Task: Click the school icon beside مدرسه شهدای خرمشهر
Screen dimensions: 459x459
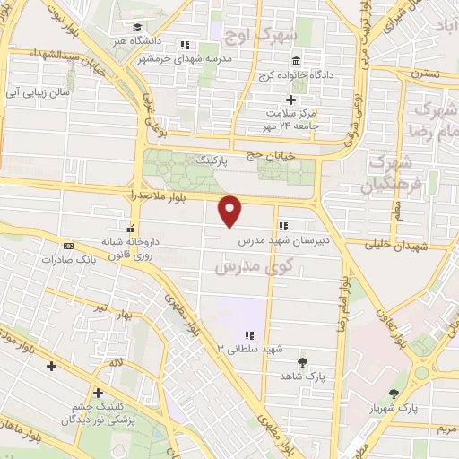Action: click(x=185, y=44)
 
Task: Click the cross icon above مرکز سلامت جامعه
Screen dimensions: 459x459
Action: click(x=289, y=100)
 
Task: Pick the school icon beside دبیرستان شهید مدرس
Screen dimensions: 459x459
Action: click(x=282, y=226)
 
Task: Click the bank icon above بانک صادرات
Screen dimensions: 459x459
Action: click(x=68, y=246)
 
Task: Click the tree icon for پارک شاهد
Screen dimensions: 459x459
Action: click(x=301, y=362)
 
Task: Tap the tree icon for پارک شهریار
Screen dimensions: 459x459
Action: click(x=394, y=394)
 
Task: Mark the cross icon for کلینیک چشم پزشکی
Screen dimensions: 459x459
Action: click(x=98, y=392)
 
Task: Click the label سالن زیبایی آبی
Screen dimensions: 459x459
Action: click(x=38, y=92)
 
